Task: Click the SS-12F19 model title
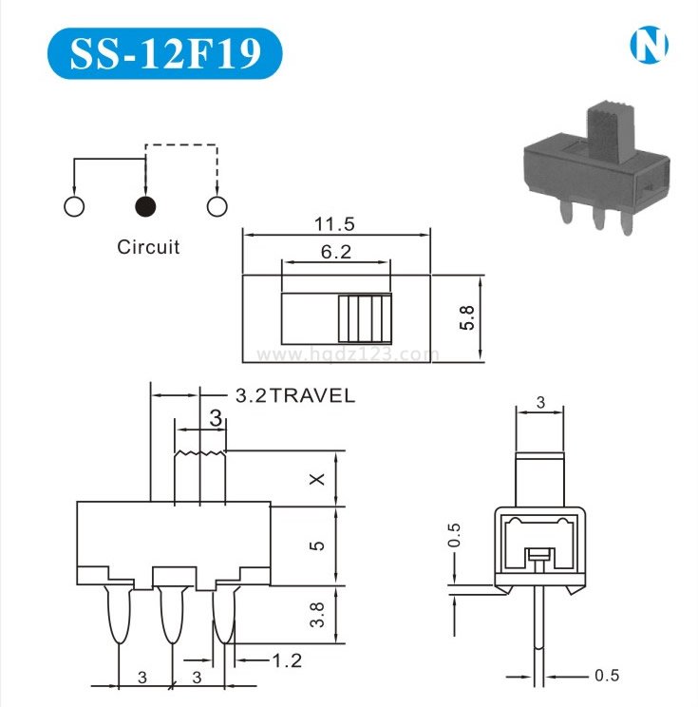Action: tap(165, 53)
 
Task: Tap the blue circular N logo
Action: tap(649, 45)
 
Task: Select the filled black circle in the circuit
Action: tap(145, 206)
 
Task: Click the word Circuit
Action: tap(148, 247)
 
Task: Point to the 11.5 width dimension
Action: tap(334, 223)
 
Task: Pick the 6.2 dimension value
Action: tap(336, 251)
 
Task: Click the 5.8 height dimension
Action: tap(467, 317)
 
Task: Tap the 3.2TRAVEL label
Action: tap(295, 395)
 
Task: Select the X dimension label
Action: tap(318, 479)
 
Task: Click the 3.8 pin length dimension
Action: tap(317, 615)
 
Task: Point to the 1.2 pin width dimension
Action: tap(287, 660)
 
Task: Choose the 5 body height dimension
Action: tap(317, 545)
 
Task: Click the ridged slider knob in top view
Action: tap(365, 318)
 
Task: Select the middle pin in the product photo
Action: tap(599, 218)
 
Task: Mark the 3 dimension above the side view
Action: tap(540, 402)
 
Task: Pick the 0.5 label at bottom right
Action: tap(607, 675)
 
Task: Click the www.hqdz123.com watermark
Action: tap(346, 354)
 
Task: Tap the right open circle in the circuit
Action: tap(217, 206)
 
